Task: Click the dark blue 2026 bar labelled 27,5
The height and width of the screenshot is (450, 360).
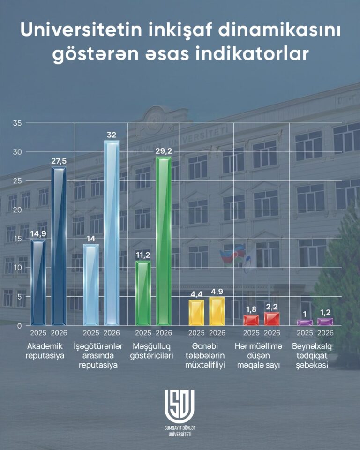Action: tap(59, 246)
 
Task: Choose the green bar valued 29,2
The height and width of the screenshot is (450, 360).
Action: tap(164, 241)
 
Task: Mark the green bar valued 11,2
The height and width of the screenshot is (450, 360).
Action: tap(143, 293)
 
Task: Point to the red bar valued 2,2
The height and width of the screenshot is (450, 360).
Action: tap(272, 319)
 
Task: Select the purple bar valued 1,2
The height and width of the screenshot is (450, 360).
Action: tap(325, 322)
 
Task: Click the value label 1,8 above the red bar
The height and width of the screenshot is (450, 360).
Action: tap(251, 309)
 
